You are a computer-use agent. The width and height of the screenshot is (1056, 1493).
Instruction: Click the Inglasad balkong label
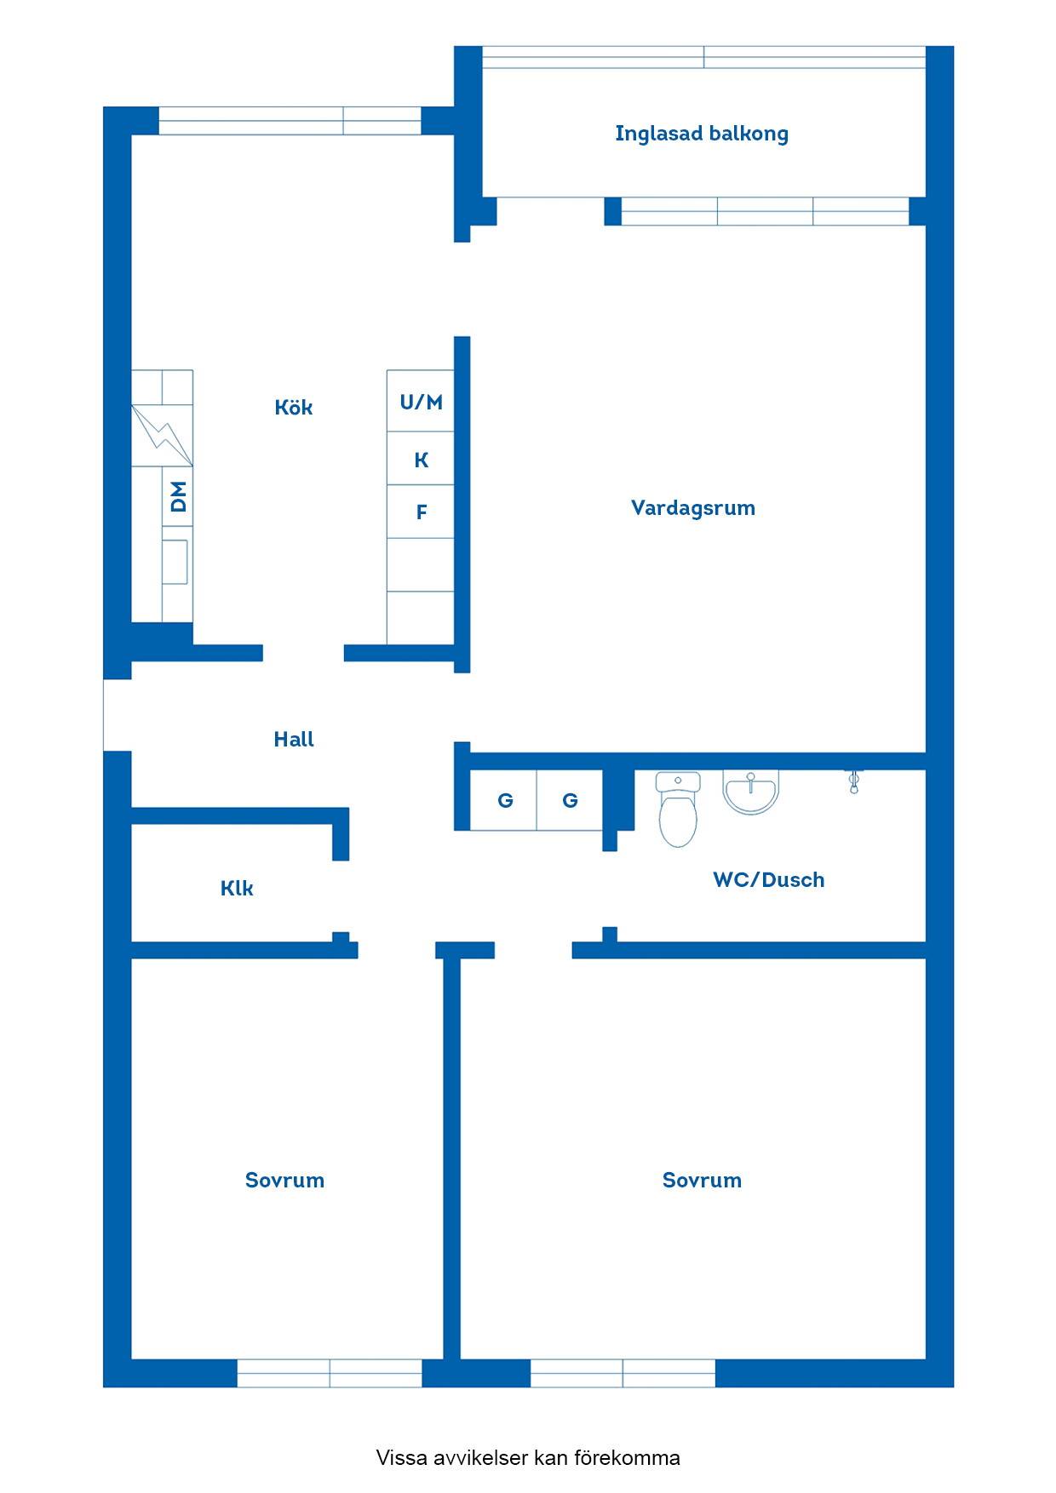702,134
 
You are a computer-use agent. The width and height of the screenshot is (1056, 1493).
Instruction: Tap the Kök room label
294,407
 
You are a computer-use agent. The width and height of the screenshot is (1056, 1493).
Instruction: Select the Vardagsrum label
693,508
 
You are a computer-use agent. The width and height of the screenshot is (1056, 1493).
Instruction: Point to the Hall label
294,739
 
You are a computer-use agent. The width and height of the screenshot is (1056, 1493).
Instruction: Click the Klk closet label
237,888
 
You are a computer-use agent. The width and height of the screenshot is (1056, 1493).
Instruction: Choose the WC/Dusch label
769,879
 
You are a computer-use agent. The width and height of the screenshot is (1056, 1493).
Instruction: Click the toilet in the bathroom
679,809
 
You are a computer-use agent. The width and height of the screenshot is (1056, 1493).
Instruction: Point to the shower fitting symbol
853,781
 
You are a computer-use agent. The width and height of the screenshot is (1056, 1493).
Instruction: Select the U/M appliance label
422,402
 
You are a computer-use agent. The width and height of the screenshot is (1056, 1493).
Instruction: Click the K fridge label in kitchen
421,460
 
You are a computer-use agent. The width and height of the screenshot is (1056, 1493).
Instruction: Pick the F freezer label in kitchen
421,512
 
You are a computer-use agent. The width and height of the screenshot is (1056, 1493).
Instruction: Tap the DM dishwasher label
178,496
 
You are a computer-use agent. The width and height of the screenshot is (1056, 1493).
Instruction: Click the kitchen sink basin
175,562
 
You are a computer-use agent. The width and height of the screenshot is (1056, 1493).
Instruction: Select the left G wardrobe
504,800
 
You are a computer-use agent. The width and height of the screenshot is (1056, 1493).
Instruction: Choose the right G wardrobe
570,800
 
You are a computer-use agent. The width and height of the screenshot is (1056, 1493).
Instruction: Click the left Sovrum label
284,1180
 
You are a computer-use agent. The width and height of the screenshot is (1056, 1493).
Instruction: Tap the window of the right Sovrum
623,1373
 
